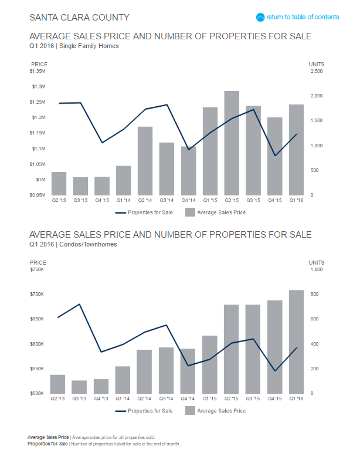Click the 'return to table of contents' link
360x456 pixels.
[x=303, y=17]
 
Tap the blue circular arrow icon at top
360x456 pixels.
[x=261, y=17]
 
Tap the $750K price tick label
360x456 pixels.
[x=36, y=269]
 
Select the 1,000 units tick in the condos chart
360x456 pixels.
[x=317, y=269]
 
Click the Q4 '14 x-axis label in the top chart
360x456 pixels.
[x=188, y=201]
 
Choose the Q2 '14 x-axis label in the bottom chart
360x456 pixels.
[x=145, y=399]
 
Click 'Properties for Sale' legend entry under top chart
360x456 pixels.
[x=143, y=212]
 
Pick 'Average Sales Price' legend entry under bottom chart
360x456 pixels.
[x=215, y=410]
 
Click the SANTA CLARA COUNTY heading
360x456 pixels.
[x=79, y=18]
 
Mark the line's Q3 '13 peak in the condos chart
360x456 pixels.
[x=80, y=304]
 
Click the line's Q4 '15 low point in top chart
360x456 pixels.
[x=275, y=156]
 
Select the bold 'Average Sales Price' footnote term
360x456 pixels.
[x=48, y=437]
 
